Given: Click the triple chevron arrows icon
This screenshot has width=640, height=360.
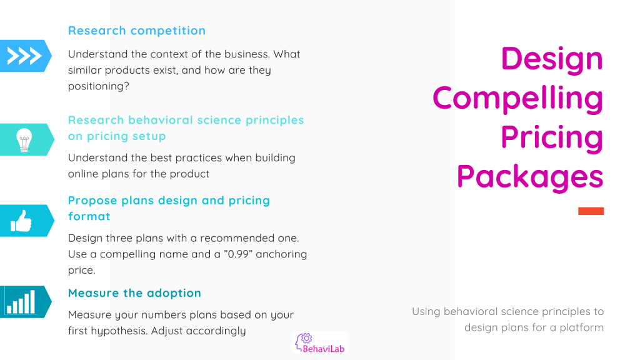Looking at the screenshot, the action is [x=24, y=56].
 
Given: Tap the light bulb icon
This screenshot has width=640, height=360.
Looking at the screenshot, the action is [x=24, y=140].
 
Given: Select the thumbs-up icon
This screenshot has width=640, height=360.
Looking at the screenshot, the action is [x=21, y=221].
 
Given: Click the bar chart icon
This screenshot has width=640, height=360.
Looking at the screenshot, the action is [x=21, y=302].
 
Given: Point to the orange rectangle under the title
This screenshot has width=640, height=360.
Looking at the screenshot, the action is [x=591, y=211].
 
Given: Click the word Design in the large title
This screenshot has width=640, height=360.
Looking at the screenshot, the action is [x=552, y=59].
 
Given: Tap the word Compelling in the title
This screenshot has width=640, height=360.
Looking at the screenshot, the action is [x=517, y=98].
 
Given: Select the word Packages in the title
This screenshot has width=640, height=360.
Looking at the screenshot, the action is [x=530, y=177].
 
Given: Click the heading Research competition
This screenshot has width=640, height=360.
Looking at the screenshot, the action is [x=137, y=31].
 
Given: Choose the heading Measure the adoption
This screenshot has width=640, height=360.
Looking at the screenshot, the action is [x=135, y=293].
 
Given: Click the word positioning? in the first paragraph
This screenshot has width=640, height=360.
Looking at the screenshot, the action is [x=98, y=86].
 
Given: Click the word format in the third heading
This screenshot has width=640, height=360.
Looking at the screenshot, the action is [x=89, y=216].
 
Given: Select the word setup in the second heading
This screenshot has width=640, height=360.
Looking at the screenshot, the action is [x=149, y=136].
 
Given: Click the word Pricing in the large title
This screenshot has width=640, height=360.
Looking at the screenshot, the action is [x=552, y=137].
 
